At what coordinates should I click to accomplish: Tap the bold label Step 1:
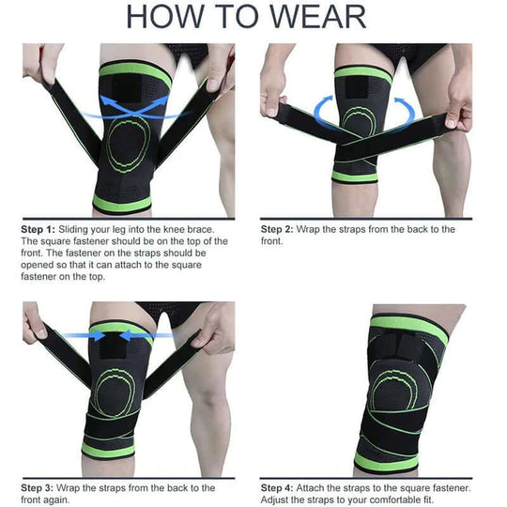click(x=38, y=229)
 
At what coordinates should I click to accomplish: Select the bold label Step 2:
click(x=279, y=229)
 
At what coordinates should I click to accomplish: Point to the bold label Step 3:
click(x=38, y=487)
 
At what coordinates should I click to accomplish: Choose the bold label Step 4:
click(x=279, y=487)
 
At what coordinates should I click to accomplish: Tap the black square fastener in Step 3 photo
click(x=119, y=347)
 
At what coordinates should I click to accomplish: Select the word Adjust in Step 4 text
click(x=279, y=499)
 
